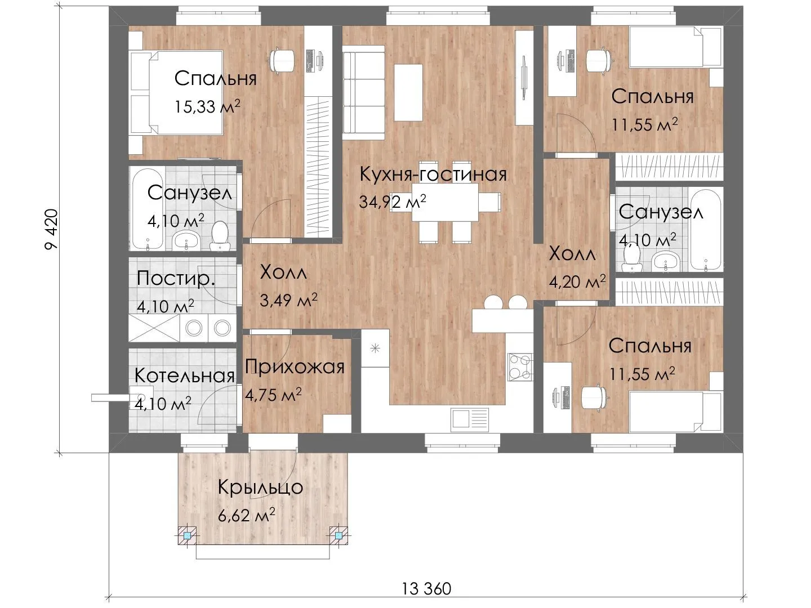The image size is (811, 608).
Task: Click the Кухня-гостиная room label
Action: pyautogui.click(x=433, y=174)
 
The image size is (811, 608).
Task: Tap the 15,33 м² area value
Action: pyautogui.click(x=207, y=106)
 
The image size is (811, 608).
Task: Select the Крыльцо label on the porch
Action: pyautogui.click(x=261, y=488)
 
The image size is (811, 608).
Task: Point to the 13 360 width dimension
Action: pyautogui.click(x=426, y=588)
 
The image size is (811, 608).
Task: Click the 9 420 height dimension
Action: pyautogui.click(x=51, y=229)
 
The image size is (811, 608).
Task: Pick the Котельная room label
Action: pyautogui.click(x=185, y=375)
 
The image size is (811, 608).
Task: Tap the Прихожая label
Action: pyautogui.click(x=295, y=367)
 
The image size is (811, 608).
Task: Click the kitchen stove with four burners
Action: pyautogui.click(x=520, y=367)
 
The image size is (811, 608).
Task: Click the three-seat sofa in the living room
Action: pyautogui.click(x=363, y=92)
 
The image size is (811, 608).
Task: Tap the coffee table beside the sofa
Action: pyautogui.click(x=408, y=92)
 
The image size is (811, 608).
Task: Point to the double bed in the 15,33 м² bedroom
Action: pyautogui.click(x=176, y=92)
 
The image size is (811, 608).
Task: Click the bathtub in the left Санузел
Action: pyautogui.click(x=146, y=209)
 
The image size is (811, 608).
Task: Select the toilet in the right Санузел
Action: pyautogui.click(x=631, y=258)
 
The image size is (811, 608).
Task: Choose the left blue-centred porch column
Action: pyautogui.click(x=188, y=535)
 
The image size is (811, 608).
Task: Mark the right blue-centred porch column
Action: pyautogui.click(x=338, y=535)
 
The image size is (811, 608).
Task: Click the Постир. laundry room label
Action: pyautogui.click(x=176, y=278)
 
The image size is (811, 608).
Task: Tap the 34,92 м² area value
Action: pyautogui.click(x=393, y=202)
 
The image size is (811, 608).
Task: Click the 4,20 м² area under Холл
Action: pyautogui.click(x=577, y=281)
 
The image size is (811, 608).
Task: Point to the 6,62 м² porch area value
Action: pyautogui.click(x=247, y=515)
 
